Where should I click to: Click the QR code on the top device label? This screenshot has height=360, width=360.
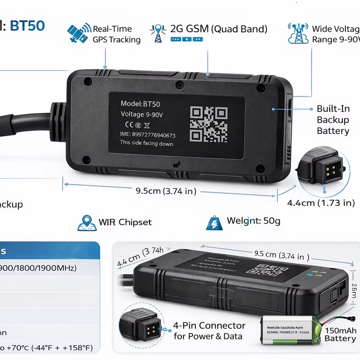click(208, 124)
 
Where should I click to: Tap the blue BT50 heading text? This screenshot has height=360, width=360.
click(27, 26)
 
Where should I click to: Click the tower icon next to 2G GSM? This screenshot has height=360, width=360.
click(158, 34)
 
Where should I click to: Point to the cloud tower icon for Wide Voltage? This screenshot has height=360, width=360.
click(298, 33)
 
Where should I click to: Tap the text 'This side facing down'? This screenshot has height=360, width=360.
click(147, 143)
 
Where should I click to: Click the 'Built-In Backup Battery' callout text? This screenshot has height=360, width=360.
click(333, 120)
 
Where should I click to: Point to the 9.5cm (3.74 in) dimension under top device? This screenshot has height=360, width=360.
click(166, 191)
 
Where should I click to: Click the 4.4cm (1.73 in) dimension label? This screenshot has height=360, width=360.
click(321, 203)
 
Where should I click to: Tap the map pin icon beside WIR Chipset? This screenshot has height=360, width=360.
click(87, 223)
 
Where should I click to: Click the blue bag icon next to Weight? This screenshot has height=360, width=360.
click(214, 223)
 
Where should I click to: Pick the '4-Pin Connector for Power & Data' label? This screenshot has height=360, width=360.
click(209, 331)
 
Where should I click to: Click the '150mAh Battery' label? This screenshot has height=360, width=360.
click(340, 334)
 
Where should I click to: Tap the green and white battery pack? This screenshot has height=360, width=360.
click(291, 330)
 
